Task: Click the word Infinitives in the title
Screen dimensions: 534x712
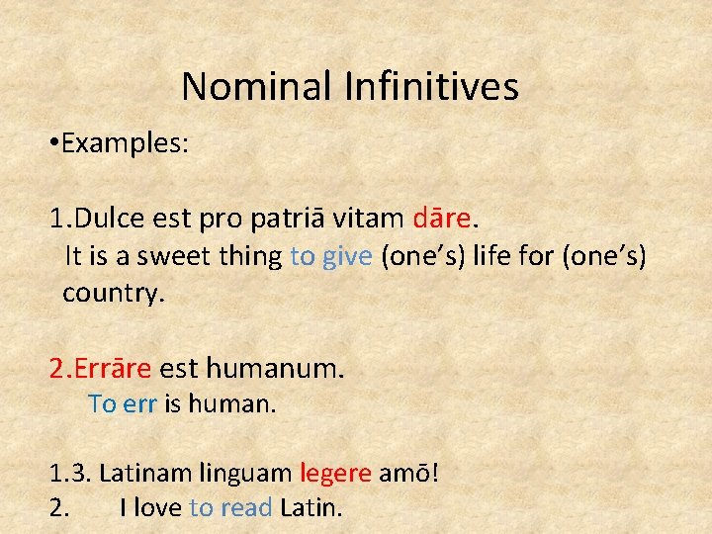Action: [x=431, y=87]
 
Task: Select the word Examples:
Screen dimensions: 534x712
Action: [x=125, y=144]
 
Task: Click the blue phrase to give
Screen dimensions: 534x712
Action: [x=331, y=256]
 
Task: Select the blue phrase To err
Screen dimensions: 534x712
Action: [x=123, y=404]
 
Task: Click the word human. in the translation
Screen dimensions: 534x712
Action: [x=232, y=404]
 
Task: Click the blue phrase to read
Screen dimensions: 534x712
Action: [x=230, y=508]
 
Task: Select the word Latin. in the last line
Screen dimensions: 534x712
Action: [x=311, y=508]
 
